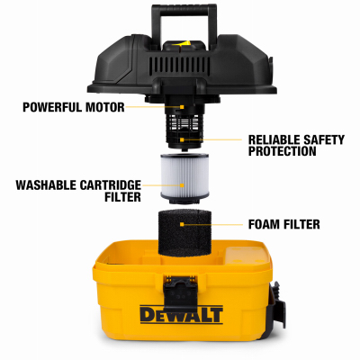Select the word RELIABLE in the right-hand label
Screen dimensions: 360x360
[x=275, y=139]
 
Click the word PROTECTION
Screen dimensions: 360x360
[x=282, y=151]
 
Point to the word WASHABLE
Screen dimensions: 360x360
[x=46, y=185]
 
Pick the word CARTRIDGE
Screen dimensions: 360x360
[x=110, y=185]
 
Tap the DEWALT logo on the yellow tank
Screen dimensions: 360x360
[x=182, y=314]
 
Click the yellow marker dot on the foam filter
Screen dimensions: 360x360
[x=182, y=224]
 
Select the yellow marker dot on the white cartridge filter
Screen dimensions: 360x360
[x=182, y=185]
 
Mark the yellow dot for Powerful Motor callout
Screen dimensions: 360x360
[x=182, y=107]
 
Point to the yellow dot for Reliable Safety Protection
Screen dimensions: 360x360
[x=182, y=139]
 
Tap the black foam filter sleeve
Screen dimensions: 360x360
[x=184, y=233]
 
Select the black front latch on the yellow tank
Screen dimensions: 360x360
[x=180, y=292]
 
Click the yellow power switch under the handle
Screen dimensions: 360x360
[x=184, y=44]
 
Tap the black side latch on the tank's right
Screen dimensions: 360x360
[x=278, y=304]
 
